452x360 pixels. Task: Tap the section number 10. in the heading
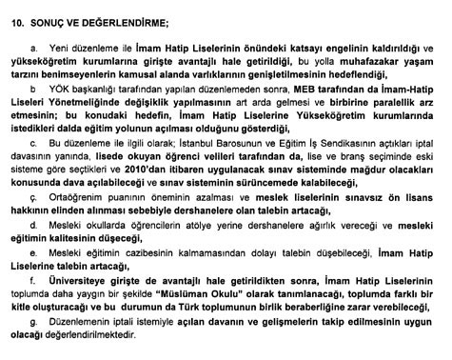[x=15, y=17]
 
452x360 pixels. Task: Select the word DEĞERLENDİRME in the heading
[x=116, y=17]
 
